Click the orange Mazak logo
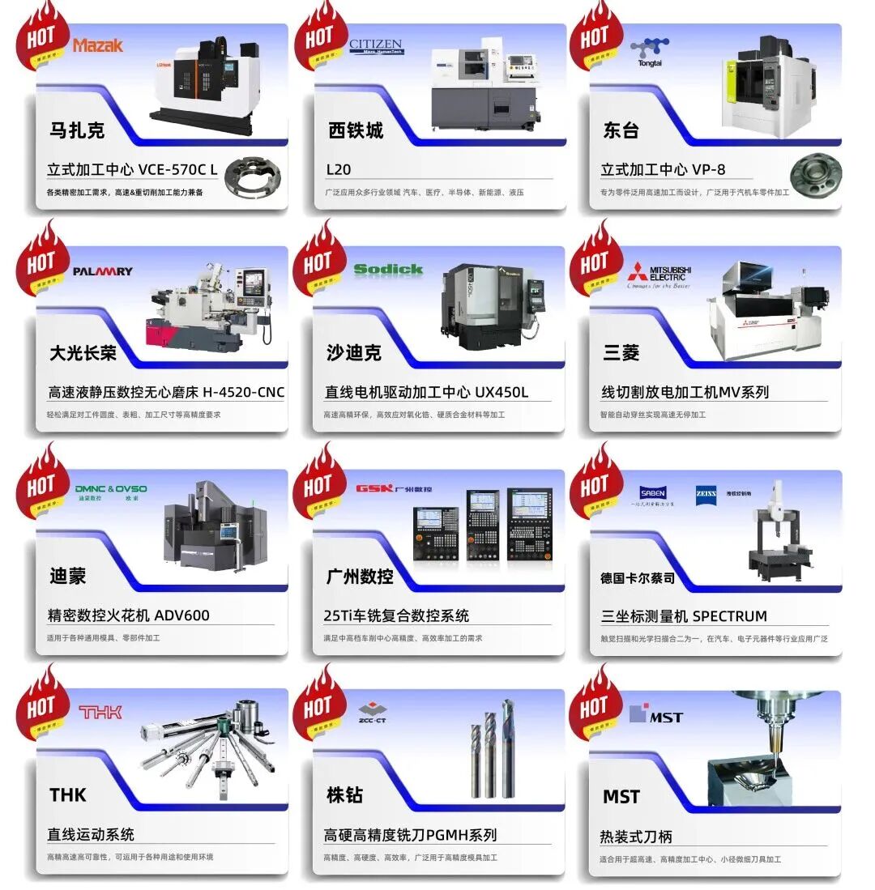[x=98, y=45]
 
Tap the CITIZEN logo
[x=376, y=46]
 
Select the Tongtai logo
[x=651, y=53]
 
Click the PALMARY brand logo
[x=103, y=271]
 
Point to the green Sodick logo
[x=388, y=269]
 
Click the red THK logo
[x=100, y=712]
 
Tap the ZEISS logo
[x=706, y=492]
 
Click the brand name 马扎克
[x=77, y=130]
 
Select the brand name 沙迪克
[x=354, y=353]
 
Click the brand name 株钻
[x=344, y=795]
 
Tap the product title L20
[x=339, y=169]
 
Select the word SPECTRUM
[x=730, y=615]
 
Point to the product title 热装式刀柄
[x=636, y=837]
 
